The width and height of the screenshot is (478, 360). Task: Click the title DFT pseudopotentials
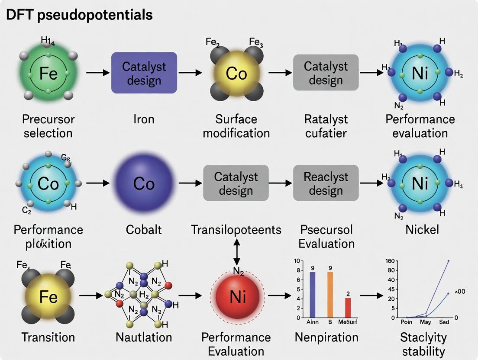pos(79,15)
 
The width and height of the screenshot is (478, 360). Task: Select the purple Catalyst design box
pos(144,73)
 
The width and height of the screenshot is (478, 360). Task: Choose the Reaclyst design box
pos(326,183)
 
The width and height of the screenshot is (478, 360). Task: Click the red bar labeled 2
pos(348,307)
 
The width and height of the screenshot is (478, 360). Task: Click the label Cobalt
pos(144,229)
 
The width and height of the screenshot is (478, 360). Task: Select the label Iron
pos(144,119)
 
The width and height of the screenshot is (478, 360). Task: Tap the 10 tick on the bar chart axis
pos(297,261)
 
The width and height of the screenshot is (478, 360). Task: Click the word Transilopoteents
pos(236,229)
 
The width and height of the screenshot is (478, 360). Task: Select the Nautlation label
pos(144,337)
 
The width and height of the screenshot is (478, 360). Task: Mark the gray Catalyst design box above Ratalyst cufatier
pos(326,73)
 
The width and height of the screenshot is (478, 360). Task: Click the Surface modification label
pos(236,125)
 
